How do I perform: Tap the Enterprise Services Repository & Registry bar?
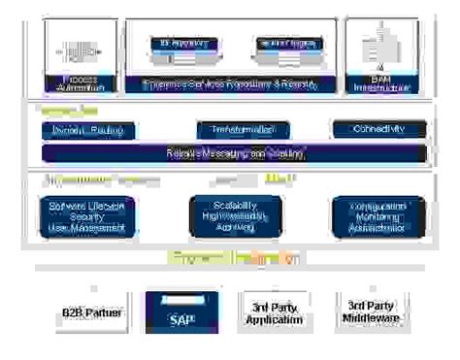[230, 84]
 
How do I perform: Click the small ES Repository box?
[180, 44]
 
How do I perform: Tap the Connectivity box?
[379, 128]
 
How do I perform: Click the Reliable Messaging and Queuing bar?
[236, 152]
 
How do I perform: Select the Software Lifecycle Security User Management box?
[87, 216]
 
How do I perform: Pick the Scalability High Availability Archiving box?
[222, 215]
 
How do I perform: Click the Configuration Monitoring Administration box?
[368, 216]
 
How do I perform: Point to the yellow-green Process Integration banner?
[233, 259]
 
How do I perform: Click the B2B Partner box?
[86, 313]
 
